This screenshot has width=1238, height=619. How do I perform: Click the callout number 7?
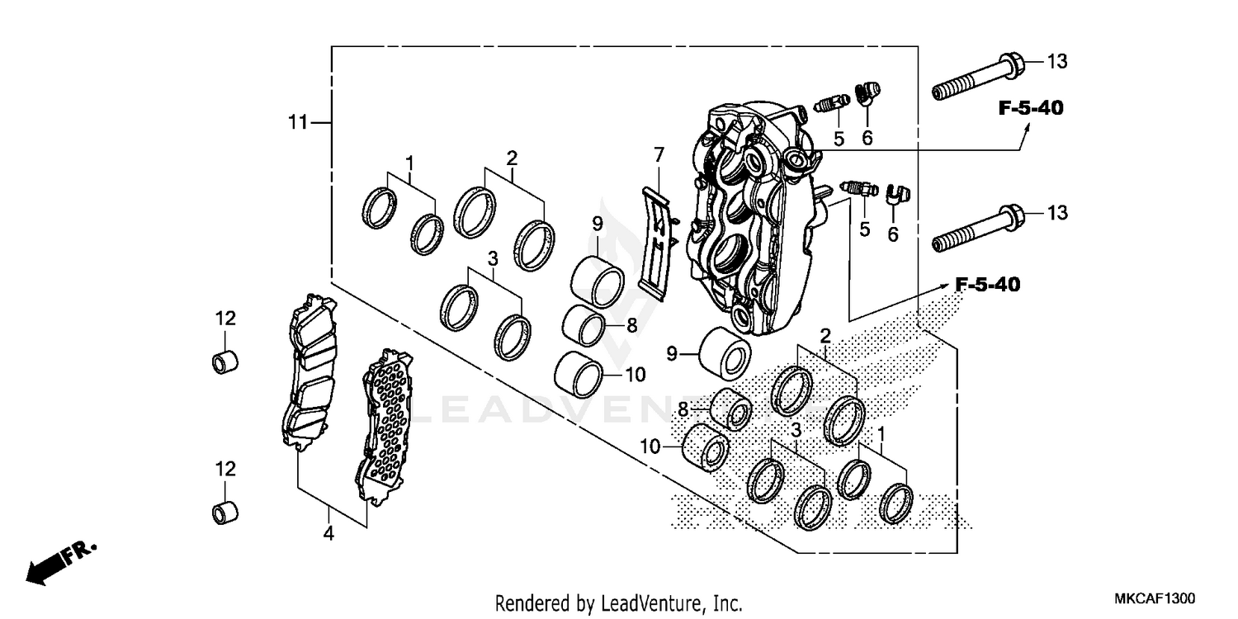[x=658, y=154]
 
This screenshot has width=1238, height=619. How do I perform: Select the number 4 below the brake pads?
[x=328, y=534]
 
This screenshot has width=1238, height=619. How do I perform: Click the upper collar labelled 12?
[x=226, y=361]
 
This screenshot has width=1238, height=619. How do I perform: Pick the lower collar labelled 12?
[x=226, y=512]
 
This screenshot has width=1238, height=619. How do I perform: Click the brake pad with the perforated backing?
[x=384, y=428]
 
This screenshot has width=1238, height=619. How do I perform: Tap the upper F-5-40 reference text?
[x=1030, y=108]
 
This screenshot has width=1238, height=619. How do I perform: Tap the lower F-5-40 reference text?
[x=987, y=286]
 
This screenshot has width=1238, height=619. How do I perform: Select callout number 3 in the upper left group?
[x=493, y=258]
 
